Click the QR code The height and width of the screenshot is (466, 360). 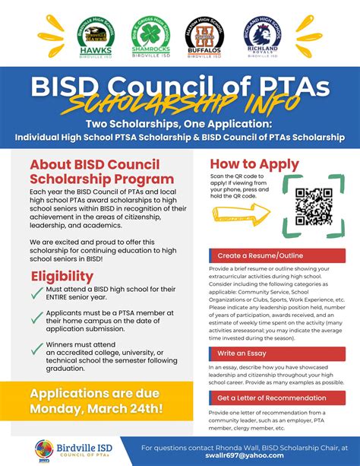313,207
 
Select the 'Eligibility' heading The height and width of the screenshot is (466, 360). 62,276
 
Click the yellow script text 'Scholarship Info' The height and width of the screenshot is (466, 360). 180,103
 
